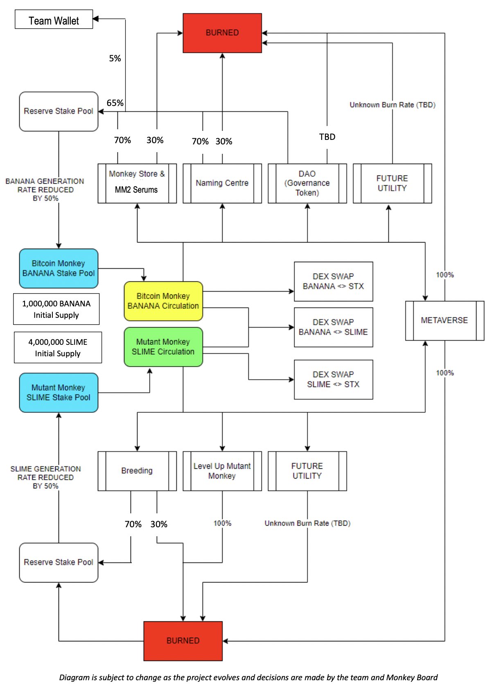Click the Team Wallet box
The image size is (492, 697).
point(54,20)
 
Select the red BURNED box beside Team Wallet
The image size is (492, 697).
point(222,33)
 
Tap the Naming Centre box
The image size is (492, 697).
point(222,183)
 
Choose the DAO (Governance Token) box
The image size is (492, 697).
point(307,183)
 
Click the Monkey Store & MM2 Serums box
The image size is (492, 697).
point(137,183)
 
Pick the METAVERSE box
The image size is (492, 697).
point(444,320)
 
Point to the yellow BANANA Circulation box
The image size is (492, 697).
point(163,301)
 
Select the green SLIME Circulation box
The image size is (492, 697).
point(163,347)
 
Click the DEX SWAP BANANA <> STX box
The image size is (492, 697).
point(333,281)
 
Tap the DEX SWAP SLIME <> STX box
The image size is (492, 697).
point(333,380)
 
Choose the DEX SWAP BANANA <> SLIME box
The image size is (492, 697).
point(333,327)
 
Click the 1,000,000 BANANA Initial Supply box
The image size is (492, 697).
point(56,309)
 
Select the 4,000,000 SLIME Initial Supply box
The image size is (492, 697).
point(58,348)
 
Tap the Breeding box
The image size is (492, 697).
point(137,471)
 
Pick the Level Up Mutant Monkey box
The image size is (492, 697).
point(222,471)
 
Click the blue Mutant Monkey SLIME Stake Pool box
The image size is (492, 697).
point(59,393)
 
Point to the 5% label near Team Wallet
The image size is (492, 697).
point(115,58)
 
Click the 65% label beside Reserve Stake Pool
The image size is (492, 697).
point(115,103)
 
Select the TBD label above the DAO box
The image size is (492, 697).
point(327,137)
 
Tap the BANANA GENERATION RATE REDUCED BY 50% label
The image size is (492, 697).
point(45,190)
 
